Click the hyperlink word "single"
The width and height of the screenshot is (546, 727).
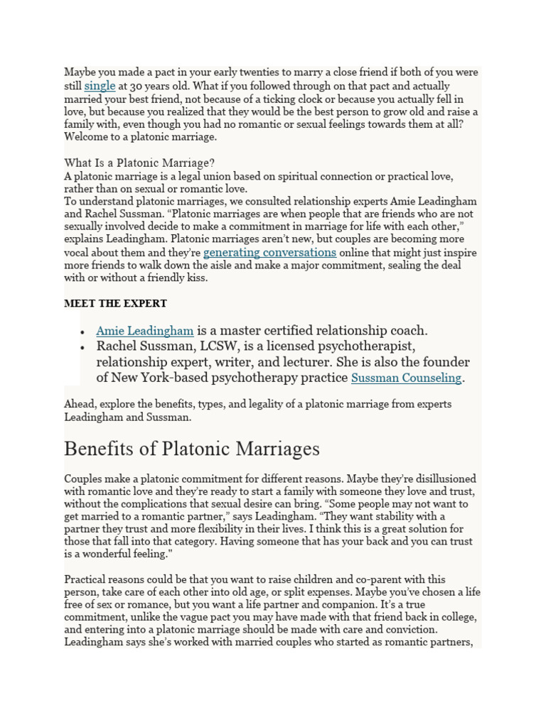coord(100,86)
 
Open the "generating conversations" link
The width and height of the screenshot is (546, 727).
coord(269,252)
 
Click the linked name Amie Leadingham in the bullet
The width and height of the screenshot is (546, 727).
coord(145,330)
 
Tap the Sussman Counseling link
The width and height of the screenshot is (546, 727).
coord(406,378)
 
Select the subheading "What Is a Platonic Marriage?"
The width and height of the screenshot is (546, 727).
coord(139,163)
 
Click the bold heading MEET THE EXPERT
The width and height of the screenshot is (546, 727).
coord(115,303)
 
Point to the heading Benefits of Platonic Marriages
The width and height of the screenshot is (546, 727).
coord(191,449)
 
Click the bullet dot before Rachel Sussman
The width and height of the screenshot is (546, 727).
coord(83,347)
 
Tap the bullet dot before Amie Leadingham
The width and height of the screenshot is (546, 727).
coord(83,332)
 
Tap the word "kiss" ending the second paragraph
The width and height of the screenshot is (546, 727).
coord(196,278)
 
